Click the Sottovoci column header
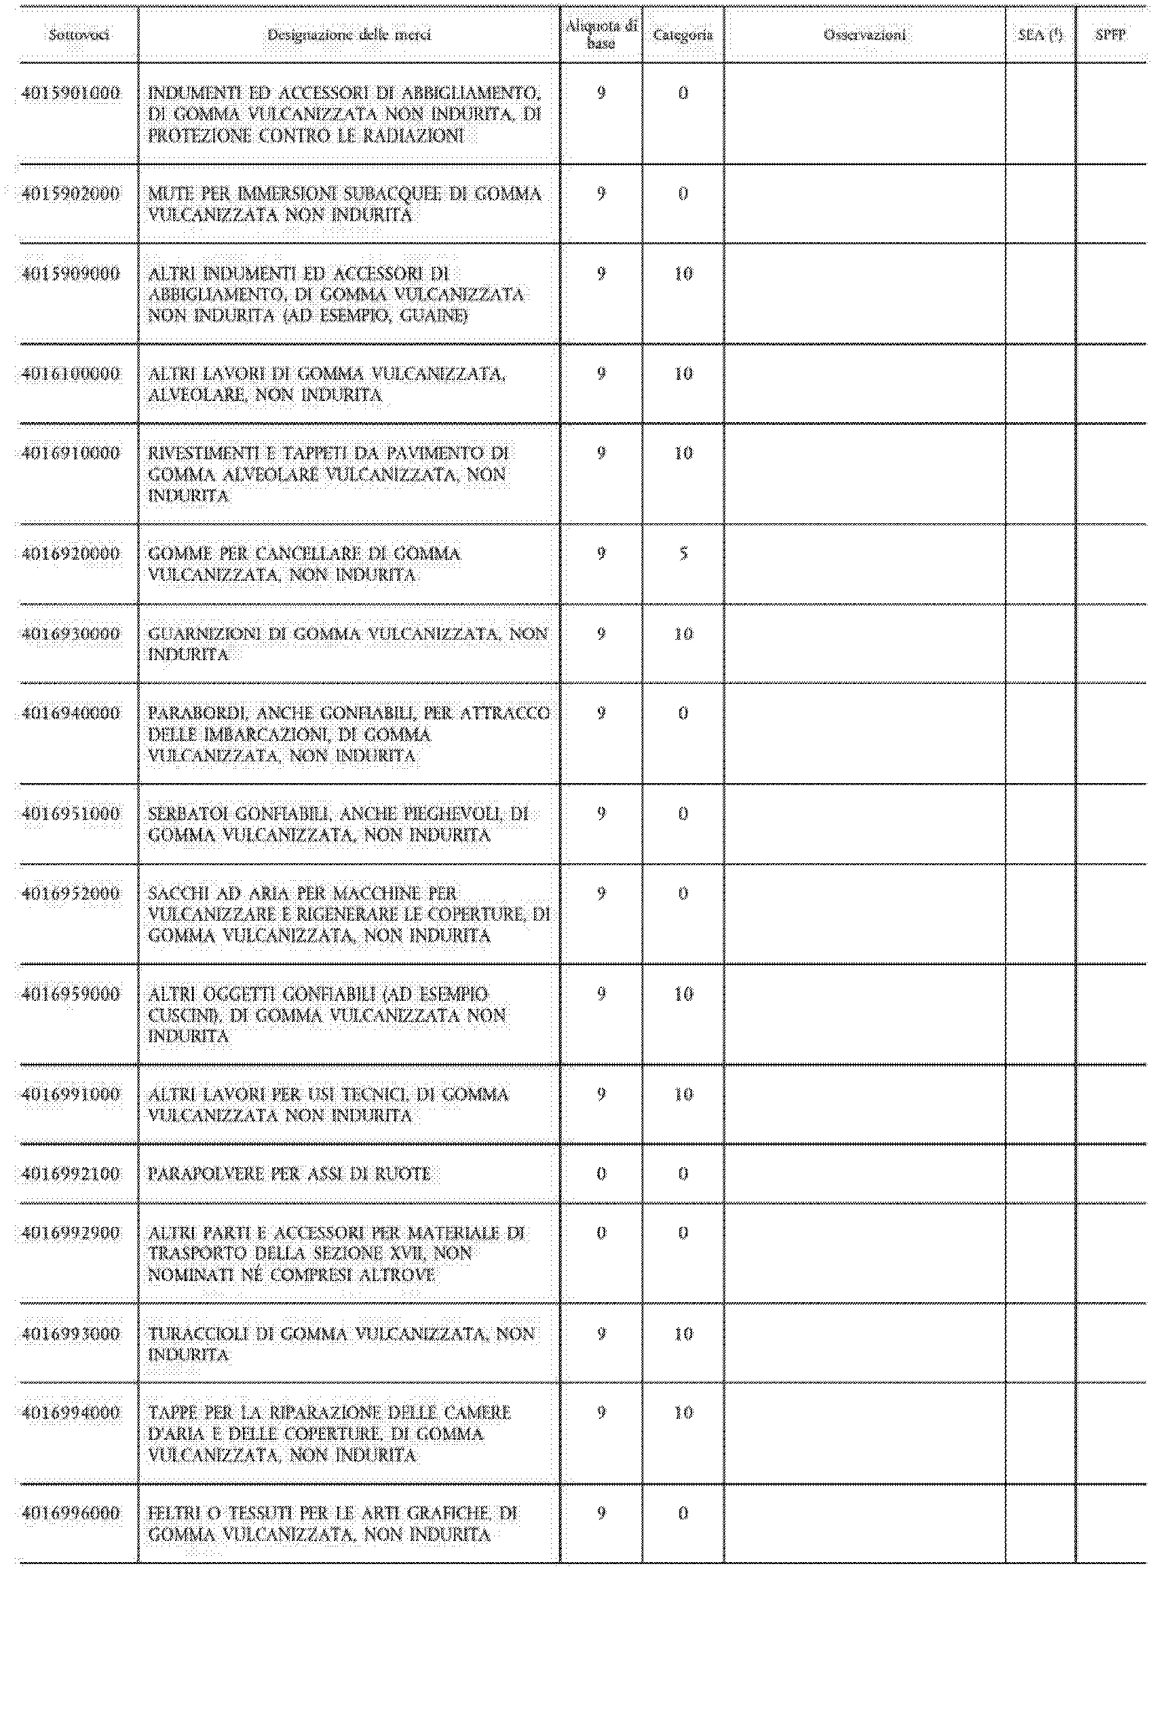(x=79, y=35)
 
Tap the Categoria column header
(x=683, y=35)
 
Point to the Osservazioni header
(x=865, y=35)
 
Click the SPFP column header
(x=1110, y=35)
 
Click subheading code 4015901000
(x=71, y=94)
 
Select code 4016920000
(x=71, y=554)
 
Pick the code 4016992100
(x=71, y=1174)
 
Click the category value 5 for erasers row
(x=683, y=554)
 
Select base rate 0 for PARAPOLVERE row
(x=601, y=1174)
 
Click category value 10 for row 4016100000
(x=683, y=374)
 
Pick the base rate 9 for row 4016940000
(x=601, y=714)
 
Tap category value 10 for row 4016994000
(x=683, y=1413)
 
